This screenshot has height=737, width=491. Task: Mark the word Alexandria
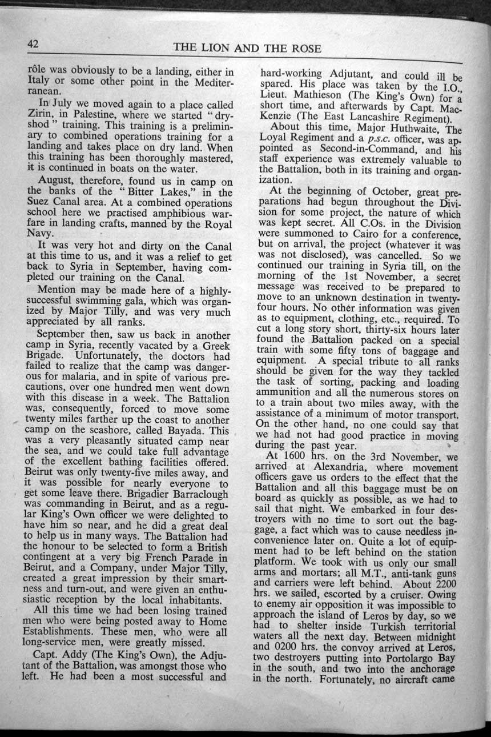[323, 466]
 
